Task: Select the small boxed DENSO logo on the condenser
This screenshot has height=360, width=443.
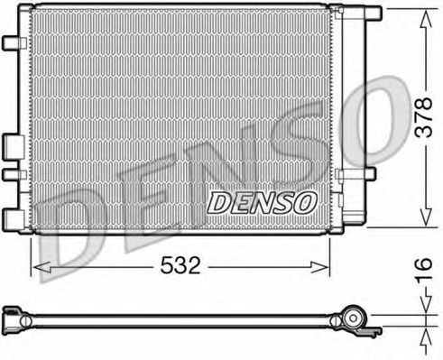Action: tap(263, 203)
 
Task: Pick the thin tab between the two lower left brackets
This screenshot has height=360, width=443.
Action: tap(10, 173)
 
